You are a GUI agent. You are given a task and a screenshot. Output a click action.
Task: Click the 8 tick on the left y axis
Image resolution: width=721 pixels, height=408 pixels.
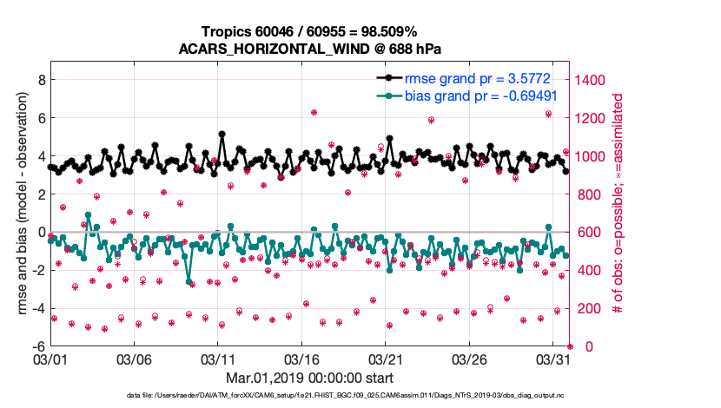tap(41, 79)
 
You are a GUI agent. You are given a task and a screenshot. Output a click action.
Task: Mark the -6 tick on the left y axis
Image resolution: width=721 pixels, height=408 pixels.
tap(38, 346)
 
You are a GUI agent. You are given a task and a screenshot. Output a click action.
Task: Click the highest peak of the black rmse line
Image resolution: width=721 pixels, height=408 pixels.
tap(222, 134)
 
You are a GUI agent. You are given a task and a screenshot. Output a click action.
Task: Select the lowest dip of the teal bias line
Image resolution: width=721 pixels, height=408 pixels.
tap(189, 282)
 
